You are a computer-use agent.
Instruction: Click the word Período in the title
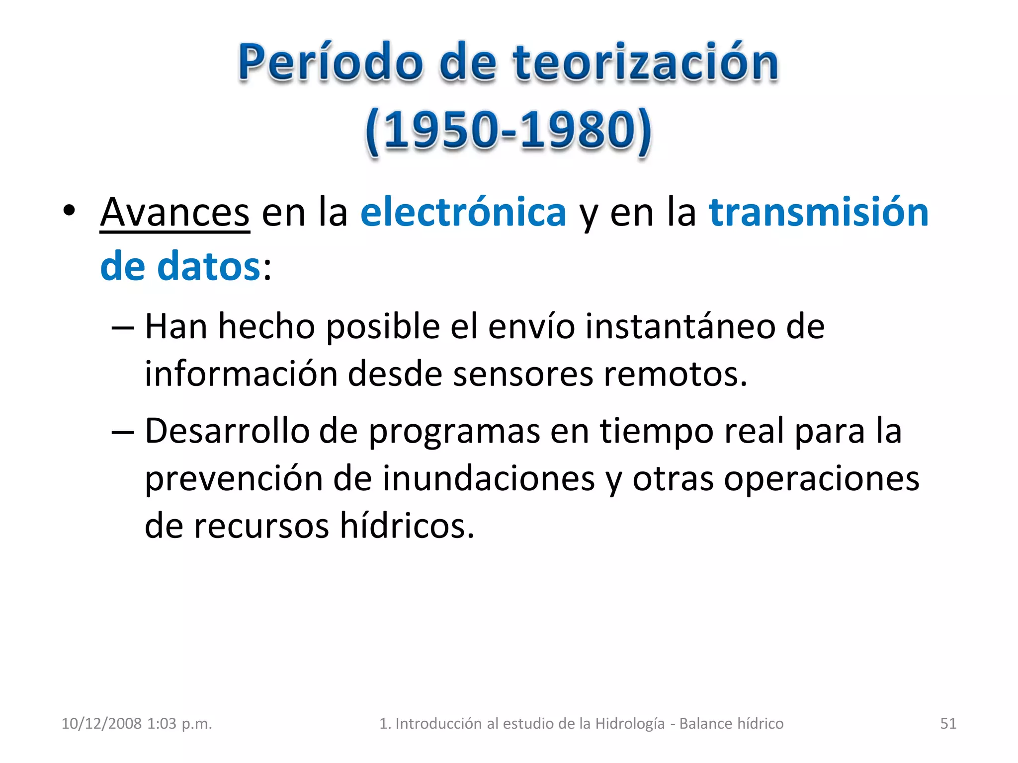[x=331, y=63]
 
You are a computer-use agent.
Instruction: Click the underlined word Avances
[x=174, y=213]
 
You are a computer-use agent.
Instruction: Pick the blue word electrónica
[x=463, y=213]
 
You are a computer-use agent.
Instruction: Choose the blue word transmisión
[x=818, y=213]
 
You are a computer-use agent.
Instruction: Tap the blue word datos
[x=208, y=267]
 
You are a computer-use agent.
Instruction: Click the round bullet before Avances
[x=69, y=211]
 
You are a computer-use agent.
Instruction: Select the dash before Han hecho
[x=123, y=328]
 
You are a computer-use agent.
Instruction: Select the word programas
[x=454, y=431]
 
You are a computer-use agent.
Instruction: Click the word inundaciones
[x=489, y=479]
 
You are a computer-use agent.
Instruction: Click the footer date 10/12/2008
[x=101, y=723]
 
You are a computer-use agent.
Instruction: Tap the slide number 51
[x=948, y=723]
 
